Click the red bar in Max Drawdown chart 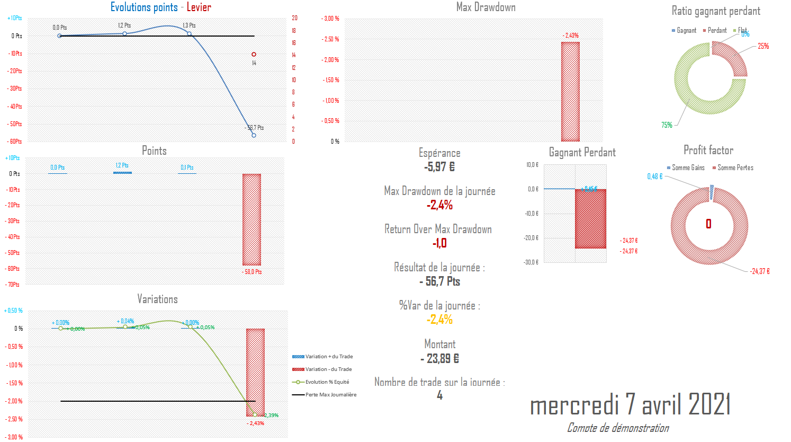570,91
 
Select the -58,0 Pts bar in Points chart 251,219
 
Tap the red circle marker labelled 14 254,55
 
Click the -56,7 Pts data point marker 254,136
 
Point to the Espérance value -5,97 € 439,167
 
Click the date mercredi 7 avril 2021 630,405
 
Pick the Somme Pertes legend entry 735,168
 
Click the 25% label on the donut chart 763,46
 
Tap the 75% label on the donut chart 667,125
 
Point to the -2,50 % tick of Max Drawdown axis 330,39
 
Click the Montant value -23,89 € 439,359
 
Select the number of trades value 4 439,395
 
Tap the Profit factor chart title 708,150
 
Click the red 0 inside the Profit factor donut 708,224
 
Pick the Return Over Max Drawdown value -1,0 439,243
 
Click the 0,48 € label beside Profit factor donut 655,176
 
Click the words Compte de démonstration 618,428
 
